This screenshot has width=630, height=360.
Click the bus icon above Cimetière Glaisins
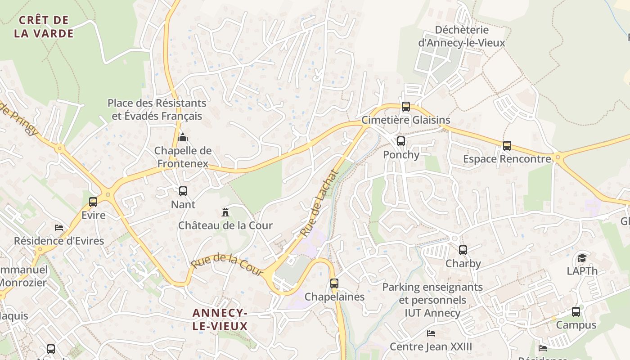coord(405,107)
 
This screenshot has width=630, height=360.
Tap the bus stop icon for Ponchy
coord(400,141)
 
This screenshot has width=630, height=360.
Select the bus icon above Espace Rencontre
coord(507,146)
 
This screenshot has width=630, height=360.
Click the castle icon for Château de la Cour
coord(225,212)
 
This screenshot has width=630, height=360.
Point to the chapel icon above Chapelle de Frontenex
coord(183,137)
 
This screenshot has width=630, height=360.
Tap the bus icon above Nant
coord(183,191)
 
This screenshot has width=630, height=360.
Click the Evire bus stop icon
coord(93,202)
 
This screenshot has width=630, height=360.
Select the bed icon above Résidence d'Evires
coord(59,227)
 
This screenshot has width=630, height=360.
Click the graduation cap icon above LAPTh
coord(582,258)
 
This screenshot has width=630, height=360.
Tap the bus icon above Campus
coord(576,311)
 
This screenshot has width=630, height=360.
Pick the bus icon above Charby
coord(463,250)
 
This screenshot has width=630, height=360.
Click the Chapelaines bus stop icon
coord(334,283)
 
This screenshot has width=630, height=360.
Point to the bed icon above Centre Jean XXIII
coord(431,333)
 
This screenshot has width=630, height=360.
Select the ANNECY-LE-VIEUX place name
coord(220,319)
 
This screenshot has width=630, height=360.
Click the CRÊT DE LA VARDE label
coord(44,27)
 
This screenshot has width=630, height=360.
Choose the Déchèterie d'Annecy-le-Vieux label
coord(461,36)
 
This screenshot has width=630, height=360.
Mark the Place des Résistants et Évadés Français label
coord(157,109)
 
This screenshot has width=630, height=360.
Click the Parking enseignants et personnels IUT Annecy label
coord(432,300)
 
